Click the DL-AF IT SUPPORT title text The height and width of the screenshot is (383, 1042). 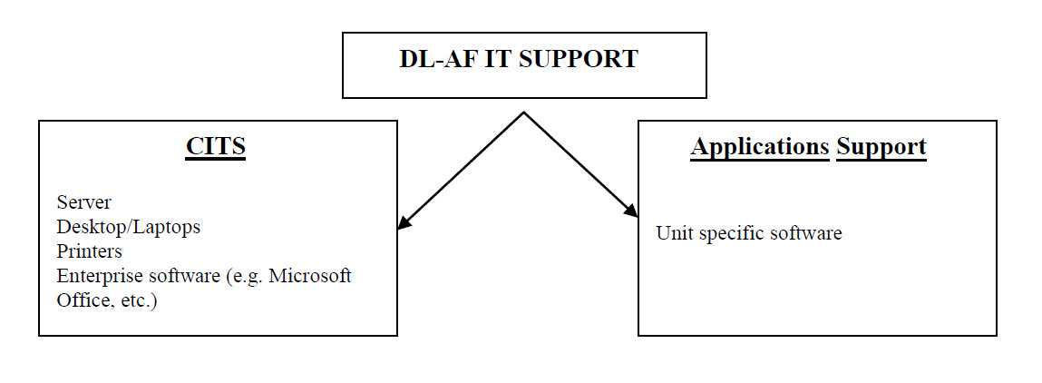click(x=519, y=60)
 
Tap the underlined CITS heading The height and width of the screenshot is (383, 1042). click(x=216, y=147)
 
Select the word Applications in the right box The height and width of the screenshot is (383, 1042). click(x=760, y=147)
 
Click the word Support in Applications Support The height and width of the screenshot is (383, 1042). click(x=881, y=147)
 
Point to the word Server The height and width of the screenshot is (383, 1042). click(x=83, y=201)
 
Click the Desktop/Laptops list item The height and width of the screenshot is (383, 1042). click(x=128, y=227)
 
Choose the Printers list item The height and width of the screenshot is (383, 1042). click(x=89, y=251)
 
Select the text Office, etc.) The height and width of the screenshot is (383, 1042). click(x=107, y=300)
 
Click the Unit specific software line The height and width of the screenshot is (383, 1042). click(x=749, y=234)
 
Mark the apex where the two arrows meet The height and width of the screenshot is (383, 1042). click(x=523, y=113)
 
